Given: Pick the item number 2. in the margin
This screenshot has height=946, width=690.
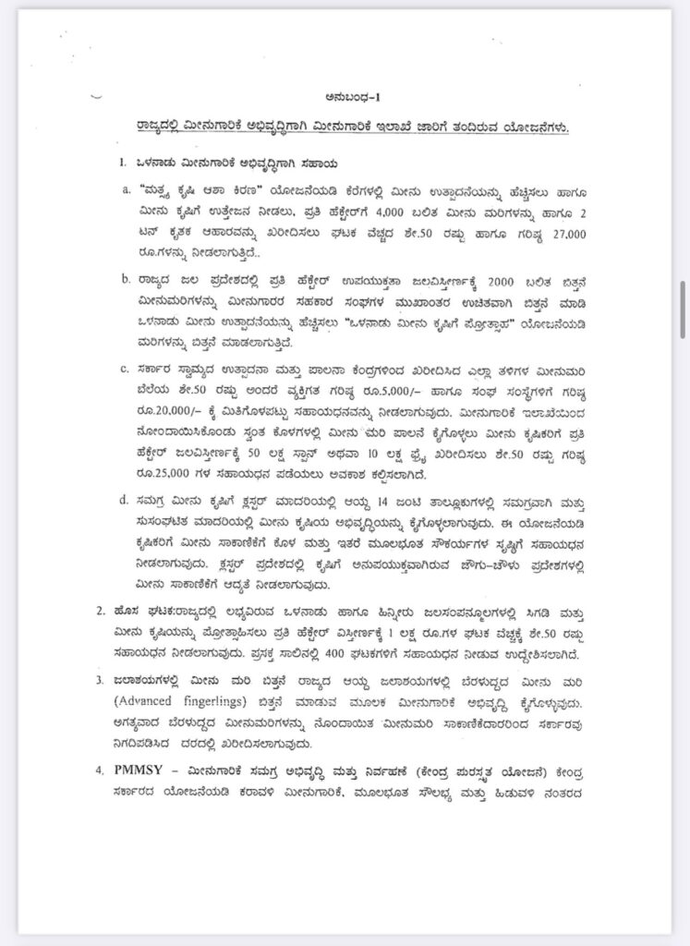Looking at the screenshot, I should [102, 611].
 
